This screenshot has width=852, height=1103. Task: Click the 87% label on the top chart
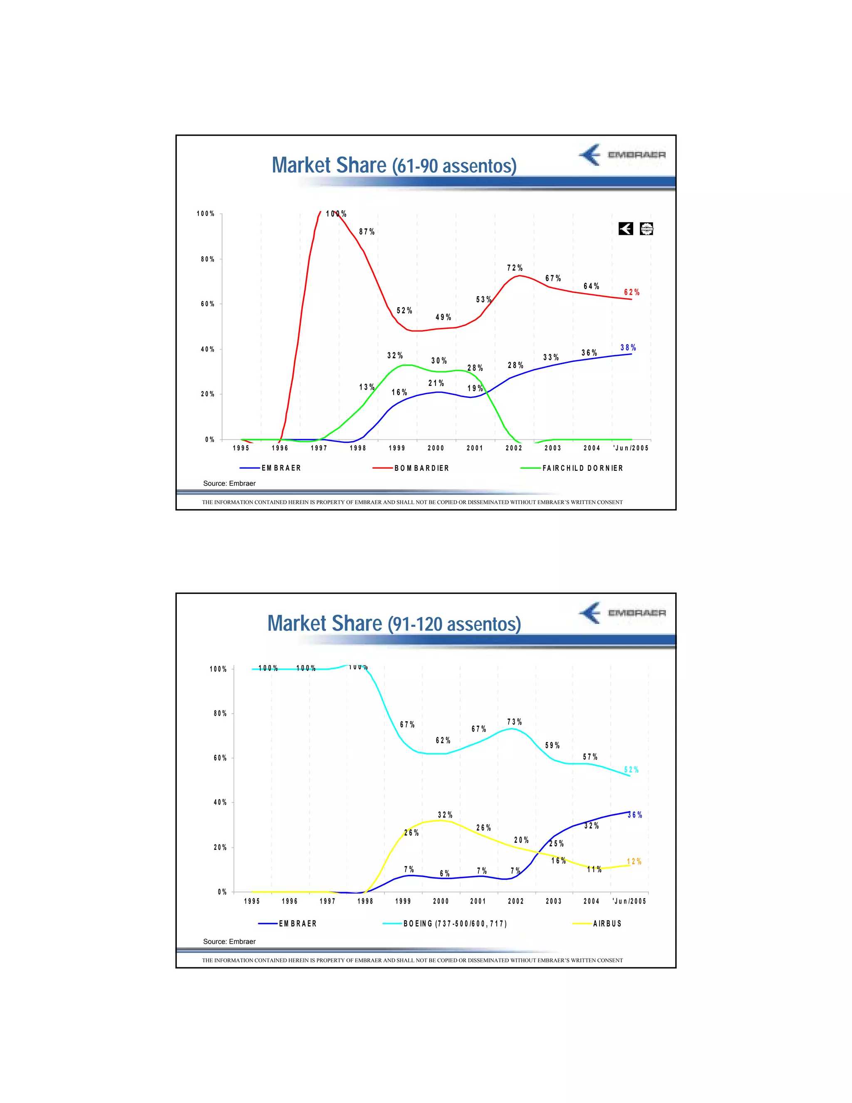pos(367,232)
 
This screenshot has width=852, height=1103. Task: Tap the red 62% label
pos(632,293)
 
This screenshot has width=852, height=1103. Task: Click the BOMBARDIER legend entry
pos(421,468)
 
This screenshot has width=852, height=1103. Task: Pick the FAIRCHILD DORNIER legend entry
pos(582,468)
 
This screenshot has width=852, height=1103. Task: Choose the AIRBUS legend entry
pos(607,924)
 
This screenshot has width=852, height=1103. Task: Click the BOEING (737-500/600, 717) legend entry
pos(455,924)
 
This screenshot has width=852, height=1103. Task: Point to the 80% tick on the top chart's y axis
pos(208,259)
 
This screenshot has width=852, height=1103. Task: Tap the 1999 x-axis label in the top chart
pos(397,448)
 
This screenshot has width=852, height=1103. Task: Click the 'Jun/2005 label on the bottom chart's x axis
pos(629,901)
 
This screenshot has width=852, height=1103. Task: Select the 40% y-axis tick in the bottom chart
pos(220,802)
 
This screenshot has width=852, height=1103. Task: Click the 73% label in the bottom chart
pos(514,722)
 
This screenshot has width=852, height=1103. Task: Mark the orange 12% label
pos(634,861)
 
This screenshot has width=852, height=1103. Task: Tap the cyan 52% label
pos(632,770)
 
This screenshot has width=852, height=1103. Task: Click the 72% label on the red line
pos(515,268)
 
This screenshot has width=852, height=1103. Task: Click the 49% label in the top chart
pos(443,317)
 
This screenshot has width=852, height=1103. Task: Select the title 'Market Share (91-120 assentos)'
pos(394,624)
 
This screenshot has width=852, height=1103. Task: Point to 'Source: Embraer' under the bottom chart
pos(229,942)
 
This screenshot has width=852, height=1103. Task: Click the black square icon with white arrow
pos(625,229)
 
